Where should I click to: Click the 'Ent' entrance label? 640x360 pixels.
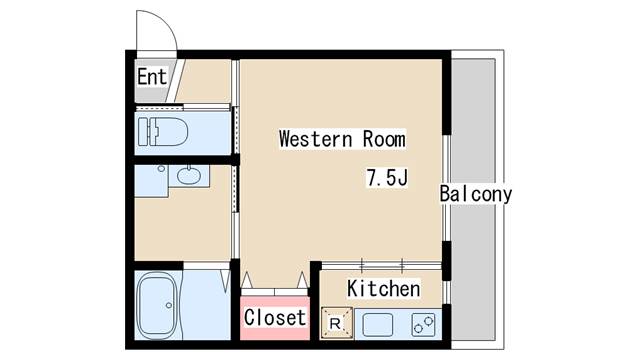(151, 76)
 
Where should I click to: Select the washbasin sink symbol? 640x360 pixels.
(187, 177)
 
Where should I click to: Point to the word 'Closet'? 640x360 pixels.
(275, 318)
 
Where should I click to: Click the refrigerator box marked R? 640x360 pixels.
(336, 322)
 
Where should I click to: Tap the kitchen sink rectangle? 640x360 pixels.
(381, 323)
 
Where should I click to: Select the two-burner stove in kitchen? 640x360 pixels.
(424, 323)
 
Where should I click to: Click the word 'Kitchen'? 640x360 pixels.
(383, 289)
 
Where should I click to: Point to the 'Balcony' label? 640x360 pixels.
(476, 194)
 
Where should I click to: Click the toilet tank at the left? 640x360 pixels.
(144, 129)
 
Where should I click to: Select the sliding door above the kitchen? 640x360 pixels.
(380, 264)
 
